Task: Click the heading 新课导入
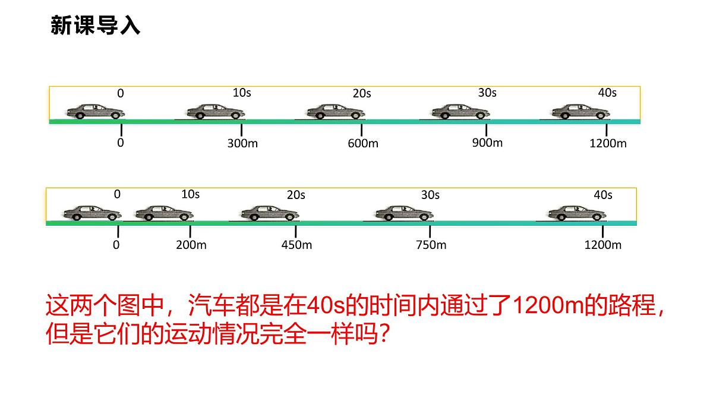pyautogui.click(x=95, y=26)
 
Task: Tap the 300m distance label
pyautogui.click(x=242, y=144)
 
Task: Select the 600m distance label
pyautogui.click(x=362, y=144)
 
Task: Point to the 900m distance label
pyautogui.click(x=487, y=143)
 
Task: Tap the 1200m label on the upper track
pyautogui.click(x=608, y=144)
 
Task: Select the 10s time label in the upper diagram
pyautogui.click(x=242, y=93)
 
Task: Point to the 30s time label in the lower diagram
pyautogui.click(x=430, y=195)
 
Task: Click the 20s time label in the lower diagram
pyautogui.click(x=296, y=195)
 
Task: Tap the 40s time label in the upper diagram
pyautogui.click(x=607, y=93)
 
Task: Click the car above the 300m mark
pyautogui.click(x=215, y=112)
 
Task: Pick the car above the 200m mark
pyautogui.click(x=164, y=213)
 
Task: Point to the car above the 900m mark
pyautogui.click(x=460, y=112)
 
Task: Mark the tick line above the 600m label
pyautogui.click(x=362, y=130)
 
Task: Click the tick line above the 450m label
pyautogui.click(x=295, y=231)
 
